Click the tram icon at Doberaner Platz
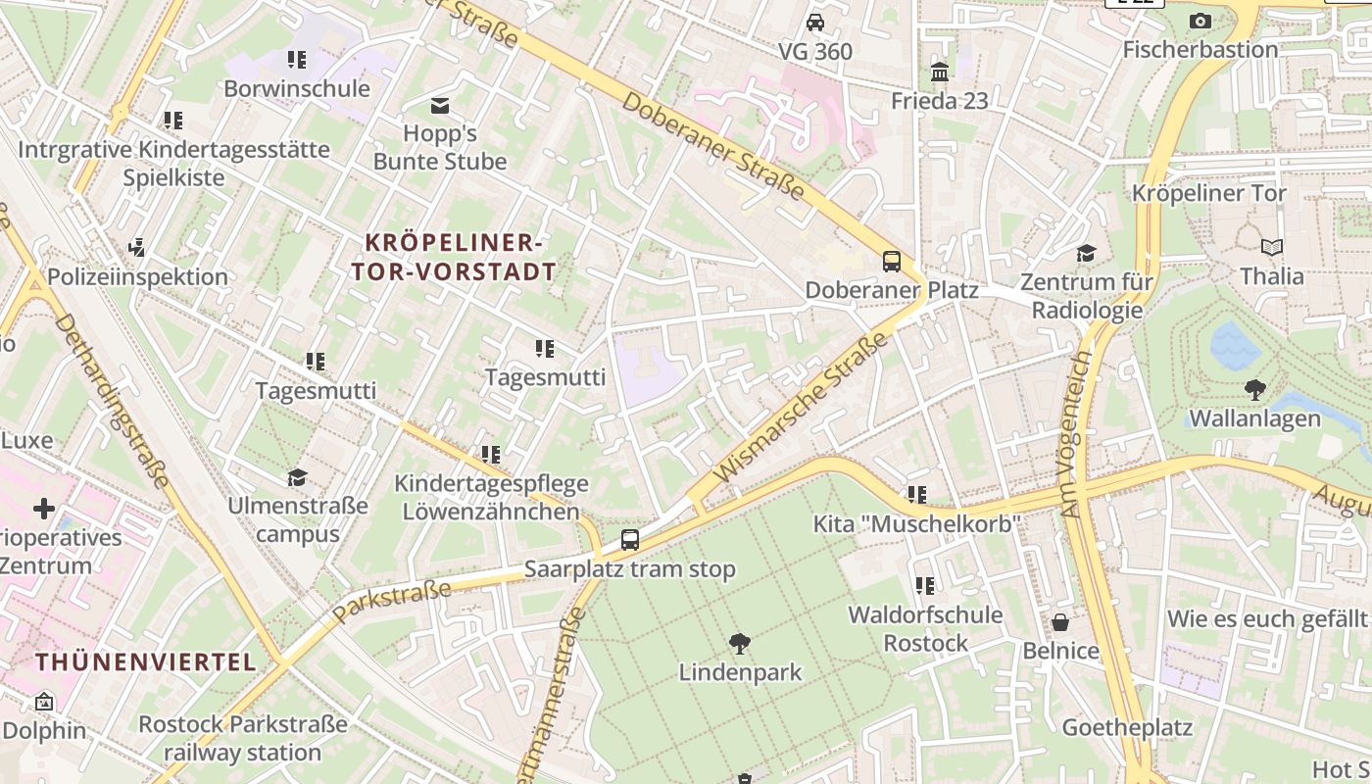[x=891, y=262]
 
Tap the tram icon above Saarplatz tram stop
[x=630, y=540]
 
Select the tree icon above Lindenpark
[x=740, y=644]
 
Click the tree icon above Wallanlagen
[x=1254, y=390]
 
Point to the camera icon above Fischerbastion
[x=1200, y=21]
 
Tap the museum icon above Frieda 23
[x=940, y=72]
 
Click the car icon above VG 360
[x=814, y=23]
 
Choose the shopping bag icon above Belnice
[x=1059, y=622]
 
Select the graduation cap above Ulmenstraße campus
[x=297, y=477]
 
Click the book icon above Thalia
[x=1272, y=248]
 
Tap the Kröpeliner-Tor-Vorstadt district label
[x=454, y=257]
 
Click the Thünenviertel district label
[x=146, y=662]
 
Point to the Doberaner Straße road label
[x=712, y=146]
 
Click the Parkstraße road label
[x=392, y=601]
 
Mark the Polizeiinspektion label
[x=137, y=276]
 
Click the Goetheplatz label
[x=1127, y=727]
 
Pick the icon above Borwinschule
[x=297, y=60]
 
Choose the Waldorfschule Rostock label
[x=925, y=629]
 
